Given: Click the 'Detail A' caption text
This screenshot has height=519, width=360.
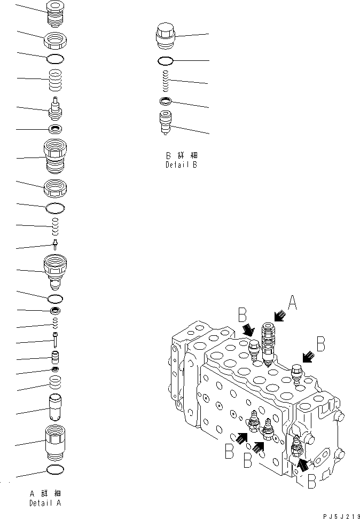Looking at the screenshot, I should click(x=45, y=503).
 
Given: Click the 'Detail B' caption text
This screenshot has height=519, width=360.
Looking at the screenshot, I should click(x=181, y=165).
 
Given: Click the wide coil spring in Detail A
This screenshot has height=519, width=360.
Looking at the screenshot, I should click(x=56, y=81).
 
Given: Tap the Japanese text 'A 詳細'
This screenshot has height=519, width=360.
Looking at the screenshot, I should click(x=45, y=493).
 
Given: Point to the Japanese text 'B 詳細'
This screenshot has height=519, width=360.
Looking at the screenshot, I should click(x=181, y=156).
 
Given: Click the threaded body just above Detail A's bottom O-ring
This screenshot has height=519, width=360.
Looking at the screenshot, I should click(x=56, y=442).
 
